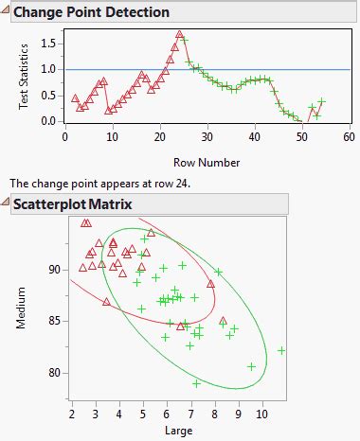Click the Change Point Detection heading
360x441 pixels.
[92, 13]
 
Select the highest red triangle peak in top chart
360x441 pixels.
[179, 35]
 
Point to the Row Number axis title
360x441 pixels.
[206, 162]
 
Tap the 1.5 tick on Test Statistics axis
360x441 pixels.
[46, 44]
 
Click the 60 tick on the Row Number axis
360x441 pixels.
[348, 137]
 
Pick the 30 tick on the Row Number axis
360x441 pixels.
[207, 137]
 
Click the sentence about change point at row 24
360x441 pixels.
[99, 183]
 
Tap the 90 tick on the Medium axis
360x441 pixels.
[53, 270]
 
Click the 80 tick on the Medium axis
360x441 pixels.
[53, 372]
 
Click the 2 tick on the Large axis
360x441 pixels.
[72, 414]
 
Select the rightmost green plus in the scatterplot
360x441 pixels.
[281, 350]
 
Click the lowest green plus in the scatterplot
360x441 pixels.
[196, 383]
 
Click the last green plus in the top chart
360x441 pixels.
[321, 101]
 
